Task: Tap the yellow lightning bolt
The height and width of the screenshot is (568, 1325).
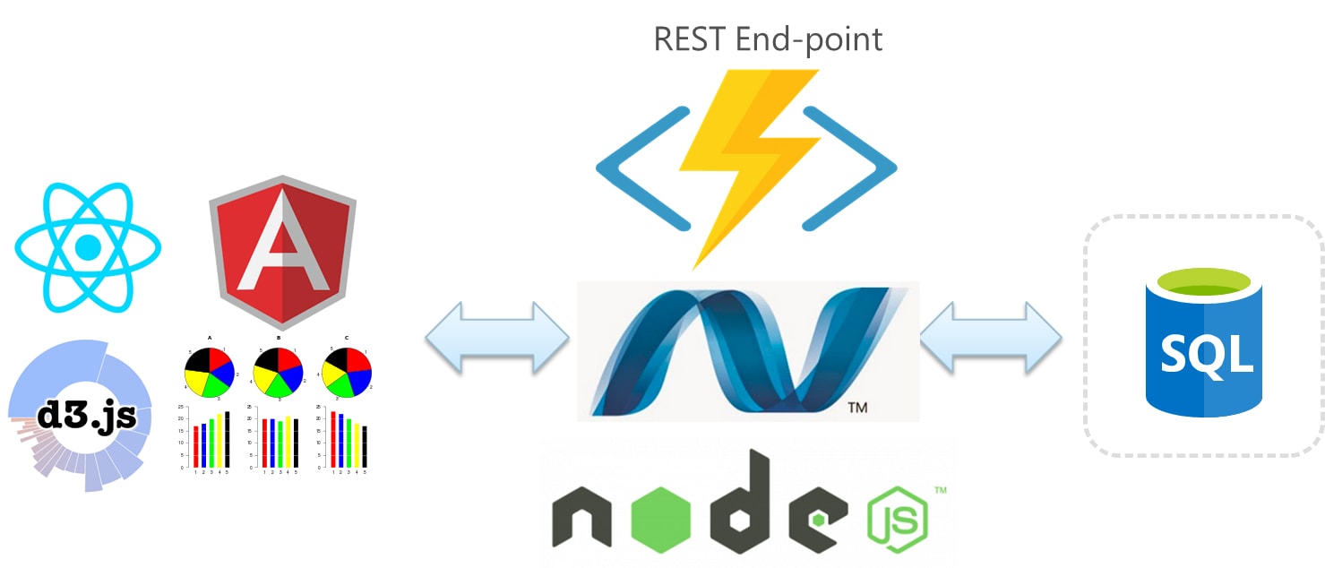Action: click(748, 161)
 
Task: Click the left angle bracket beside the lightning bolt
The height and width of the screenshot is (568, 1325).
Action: click(636, 167)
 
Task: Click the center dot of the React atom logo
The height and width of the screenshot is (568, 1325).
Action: click(88, 246)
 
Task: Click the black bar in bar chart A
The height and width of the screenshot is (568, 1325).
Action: click(228, 439)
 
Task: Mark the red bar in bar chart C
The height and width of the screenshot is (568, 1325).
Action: click(333, 438)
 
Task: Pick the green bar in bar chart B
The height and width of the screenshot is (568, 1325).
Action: click(280, 443)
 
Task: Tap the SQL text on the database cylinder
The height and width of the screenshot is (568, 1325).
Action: click(1206, 355)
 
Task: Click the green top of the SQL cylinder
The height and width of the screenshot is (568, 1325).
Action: click(1204, 286)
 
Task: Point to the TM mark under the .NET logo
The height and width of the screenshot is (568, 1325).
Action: click(856, 409)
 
